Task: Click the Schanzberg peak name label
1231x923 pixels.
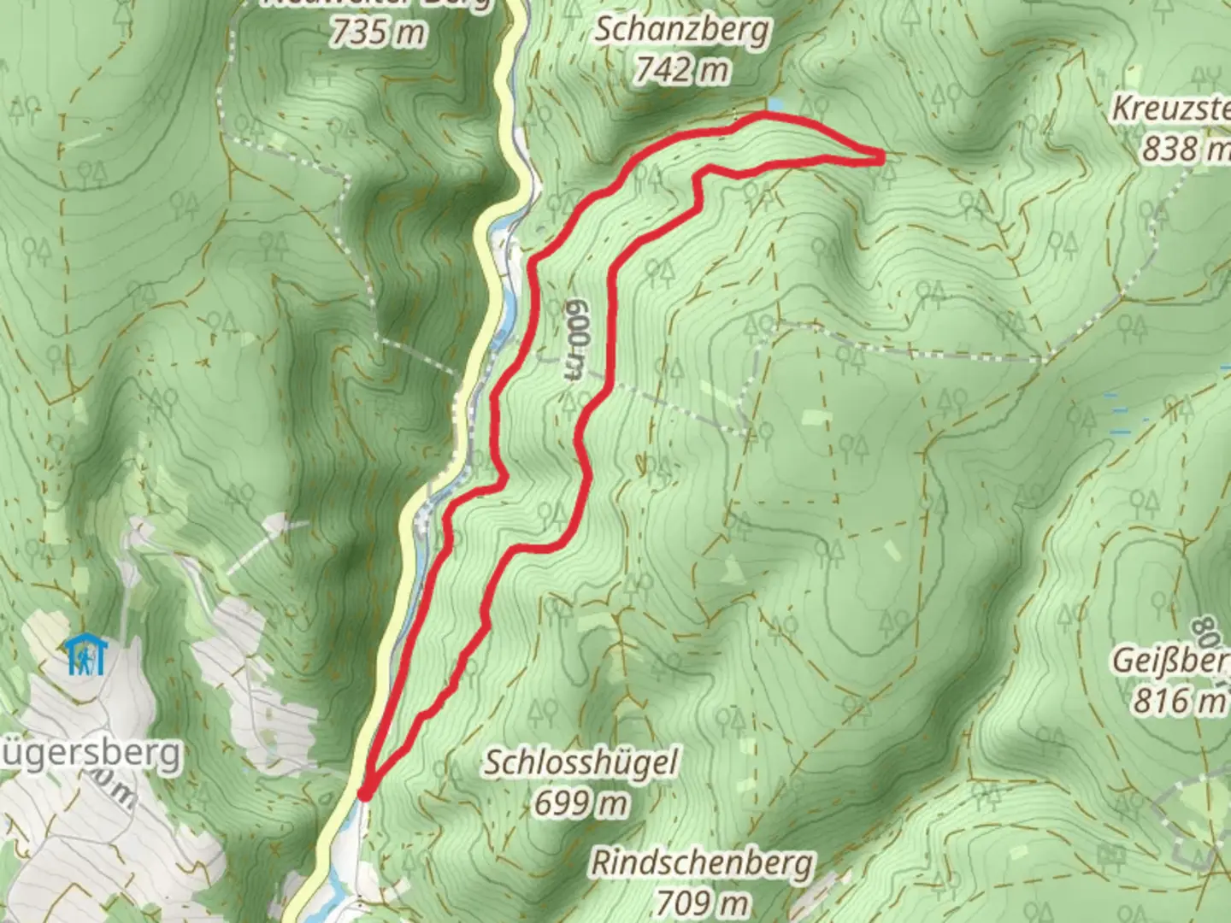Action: click(682, 30)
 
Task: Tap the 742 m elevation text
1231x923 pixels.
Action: click(682, 69)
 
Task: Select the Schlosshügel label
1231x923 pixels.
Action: click(581, 762)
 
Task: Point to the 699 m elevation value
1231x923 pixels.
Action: click(581, 802)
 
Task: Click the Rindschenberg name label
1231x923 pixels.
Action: click(703, 863)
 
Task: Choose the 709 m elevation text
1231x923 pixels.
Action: click(703, 902)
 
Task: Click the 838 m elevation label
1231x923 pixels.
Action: click(1185, 149)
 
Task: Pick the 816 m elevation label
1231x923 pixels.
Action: click(1179, 701)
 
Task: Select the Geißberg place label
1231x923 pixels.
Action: click(1171, 661)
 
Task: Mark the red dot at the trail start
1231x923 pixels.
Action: click(364, 795)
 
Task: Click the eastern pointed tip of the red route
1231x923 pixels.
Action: click(881, 156)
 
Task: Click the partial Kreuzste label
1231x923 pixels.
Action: click(1171, 109)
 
